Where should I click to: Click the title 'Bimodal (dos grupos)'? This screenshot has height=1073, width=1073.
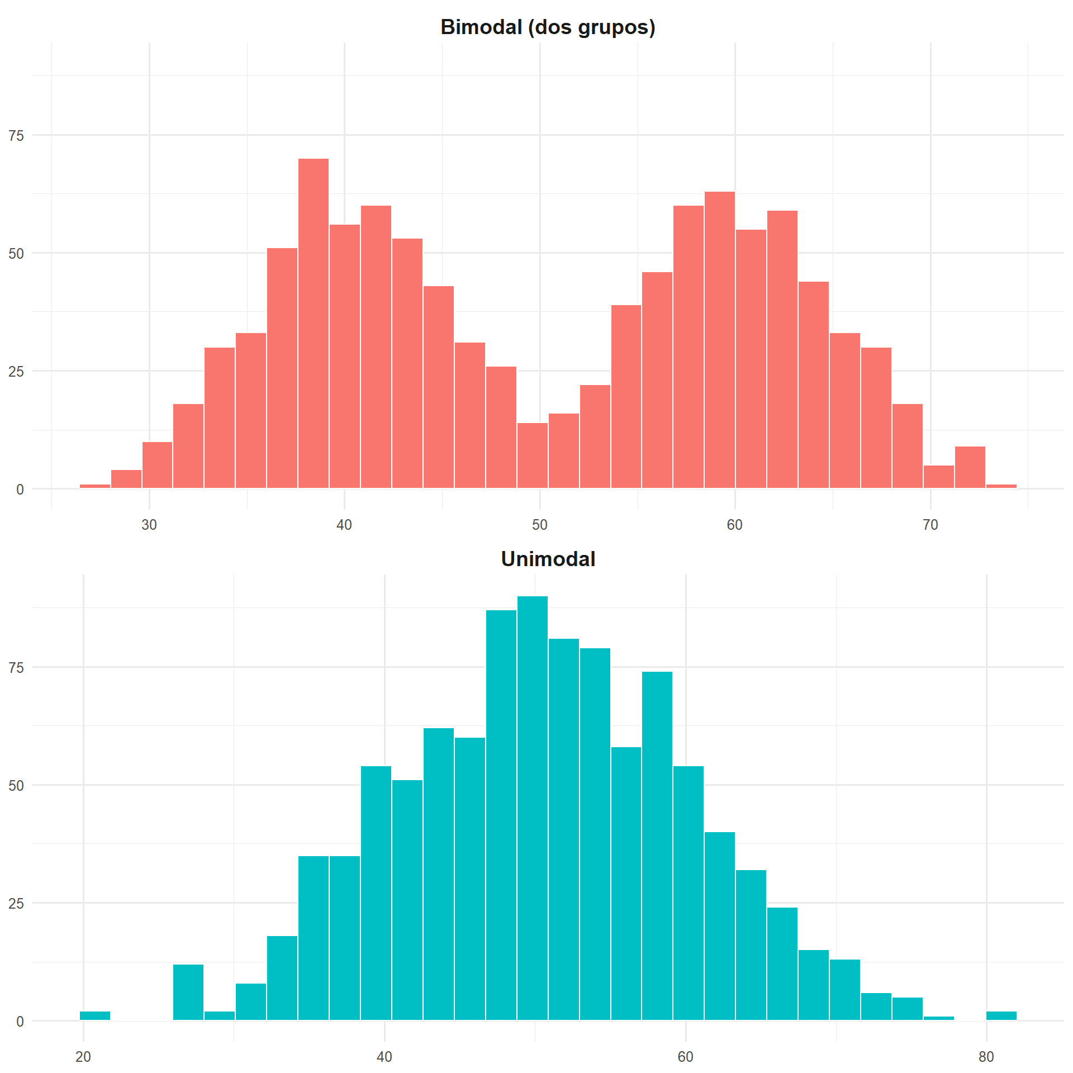point(548,27)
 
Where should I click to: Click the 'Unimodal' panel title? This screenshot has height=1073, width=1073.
point(548,559)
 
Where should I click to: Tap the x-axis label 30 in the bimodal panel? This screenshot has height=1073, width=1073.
point(149,525)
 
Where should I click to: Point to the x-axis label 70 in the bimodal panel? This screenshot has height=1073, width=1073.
point(930,525)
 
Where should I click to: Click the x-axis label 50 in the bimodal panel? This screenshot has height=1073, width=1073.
point(539,525)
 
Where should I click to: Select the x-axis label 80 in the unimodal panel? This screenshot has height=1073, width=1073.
point(986,1057)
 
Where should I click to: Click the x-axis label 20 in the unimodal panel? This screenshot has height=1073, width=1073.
point(83,1057)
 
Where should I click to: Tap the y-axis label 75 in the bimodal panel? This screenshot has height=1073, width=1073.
point(16,135)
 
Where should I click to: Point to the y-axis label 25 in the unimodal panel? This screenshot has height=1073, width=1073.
point(16,904)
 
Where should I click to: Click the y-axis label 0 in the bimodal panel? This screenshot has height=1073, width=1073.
point(20,490)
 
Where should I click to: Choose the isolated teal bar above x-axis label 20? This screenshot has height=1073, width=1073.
point(95,1015)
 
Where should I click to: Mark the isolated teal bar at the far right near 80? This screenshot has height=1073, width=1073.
point(1001,1015)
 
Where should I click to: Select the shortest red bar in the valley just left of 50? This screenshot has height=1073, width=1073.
point(532,455)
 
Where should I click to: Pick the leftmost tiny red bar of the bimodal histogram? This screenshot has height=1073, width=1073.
point(95,486)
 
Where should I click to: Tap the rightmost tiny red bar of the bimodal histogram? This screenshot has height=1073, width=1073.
point(1001,486)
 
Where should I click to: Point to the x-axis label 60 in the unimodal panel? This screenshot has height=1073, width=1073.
point(685,1057)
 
